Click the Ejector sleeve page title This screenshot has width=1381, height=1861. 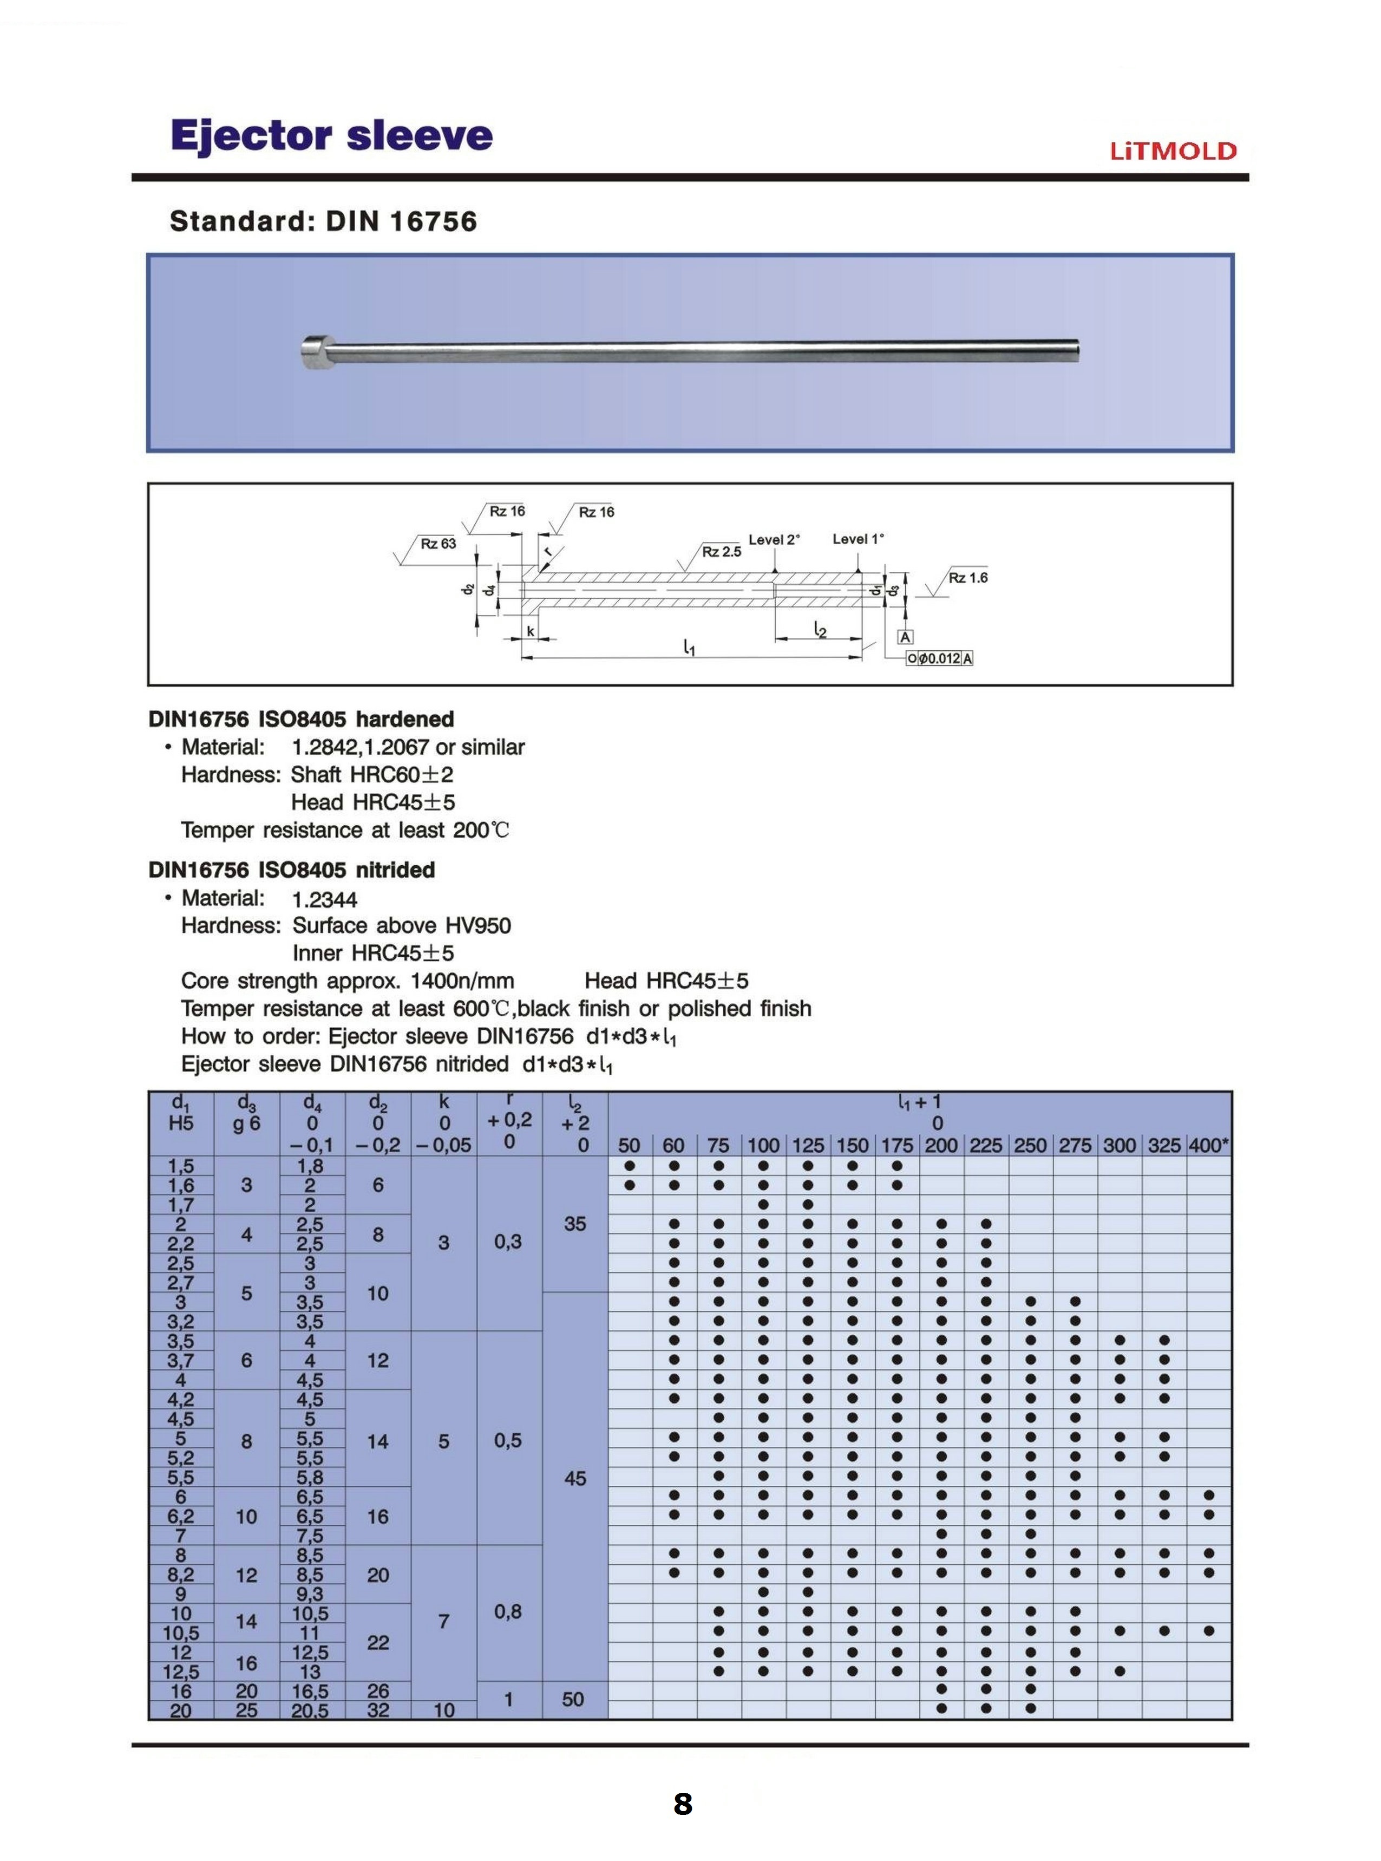click(332, 135)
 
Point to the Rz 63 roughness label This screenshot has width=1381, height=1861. click(438, 544)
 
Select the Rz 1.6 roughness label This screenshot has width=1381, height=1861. click(968, 578)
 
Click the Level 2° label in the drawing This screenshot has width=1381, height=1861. click(773, 540)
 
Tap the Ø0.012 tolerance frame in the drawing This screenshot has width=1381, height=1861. click(940, 659)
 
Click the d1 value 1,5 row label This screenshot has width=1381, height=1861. click(181, 1165)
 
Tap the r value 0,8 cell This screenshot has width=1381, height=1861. click(508, 1612)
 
